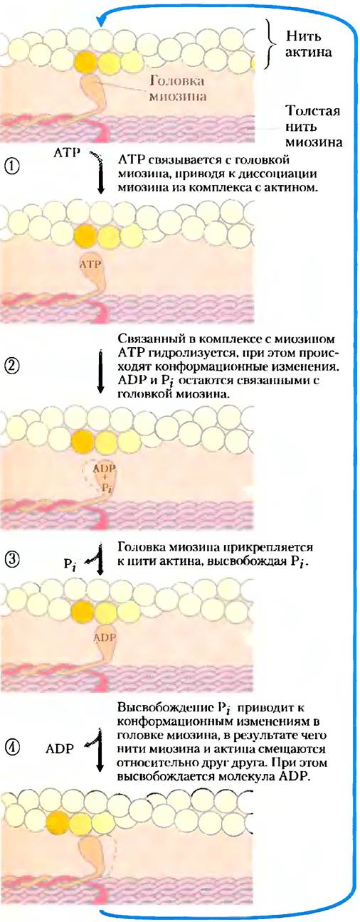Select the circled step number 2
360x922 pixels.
[12, 366]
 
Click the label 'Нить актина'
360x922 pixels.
[309, 44]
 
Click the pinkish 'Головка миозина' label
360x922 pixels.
[177, 88]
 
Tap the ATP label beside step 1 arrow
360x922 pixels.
[67, 153]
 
